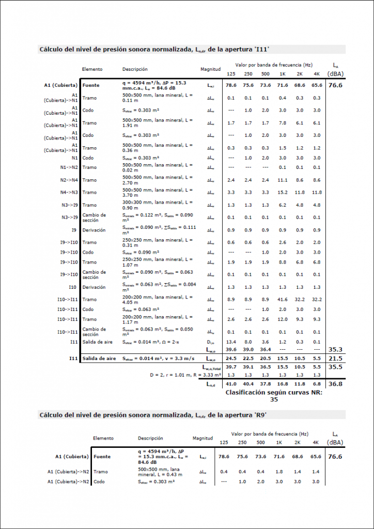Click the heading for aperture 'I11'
(154, 50)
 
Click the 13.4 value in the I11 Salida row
(231, 341)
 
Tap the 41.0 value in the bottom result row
(231, 384)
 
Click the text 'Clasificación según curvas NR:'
(274, 393)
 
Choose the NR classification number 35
(274, 399)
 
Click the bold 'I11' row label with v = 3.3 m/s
(73, 359)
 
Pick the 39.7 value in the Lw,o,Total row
(231, 367)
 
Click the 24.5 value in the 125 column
(231, 359)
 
